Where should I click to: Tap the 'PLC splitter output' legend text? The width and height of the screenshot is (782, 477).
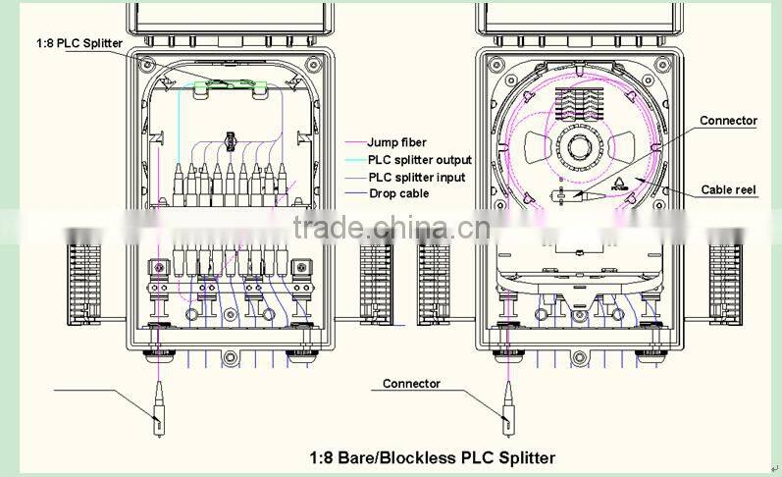[419, 160]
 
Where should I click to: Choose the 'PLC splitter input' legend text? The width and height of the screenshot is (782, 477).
[417, 178]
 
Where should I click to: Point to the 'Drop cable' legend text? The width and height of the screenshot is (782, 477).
[397, 193]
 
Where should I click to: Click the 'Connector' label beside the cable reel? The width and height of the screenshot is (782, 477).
[728, 121]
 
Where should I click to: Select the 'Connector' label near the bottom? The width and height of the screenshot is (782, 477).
[411, 384]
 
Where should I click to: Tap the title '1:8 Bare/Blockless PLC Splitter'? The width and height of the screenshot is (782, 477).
[432, 457]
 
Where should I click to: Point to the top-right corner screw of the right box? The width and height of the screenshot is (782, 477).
[669, 66]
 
